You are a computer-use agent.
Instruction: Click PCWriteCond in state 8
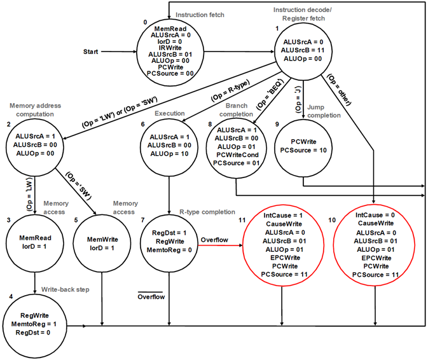point(237,155)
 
